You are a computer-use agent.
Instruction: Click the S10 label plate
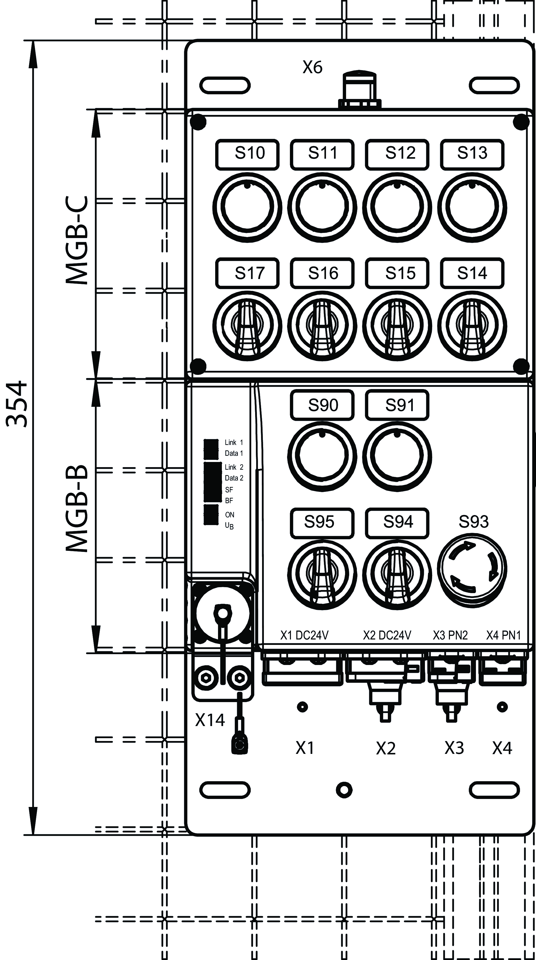coord(247,154)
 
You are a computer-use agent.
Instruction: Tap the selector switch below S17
coord(247,325)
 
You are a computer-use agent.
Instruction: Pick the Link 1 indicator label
coord(234,442)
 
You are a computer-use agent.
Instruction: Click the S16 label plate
coord(322,273)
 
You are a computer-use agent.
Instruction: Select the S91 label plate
coord(397,405)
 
